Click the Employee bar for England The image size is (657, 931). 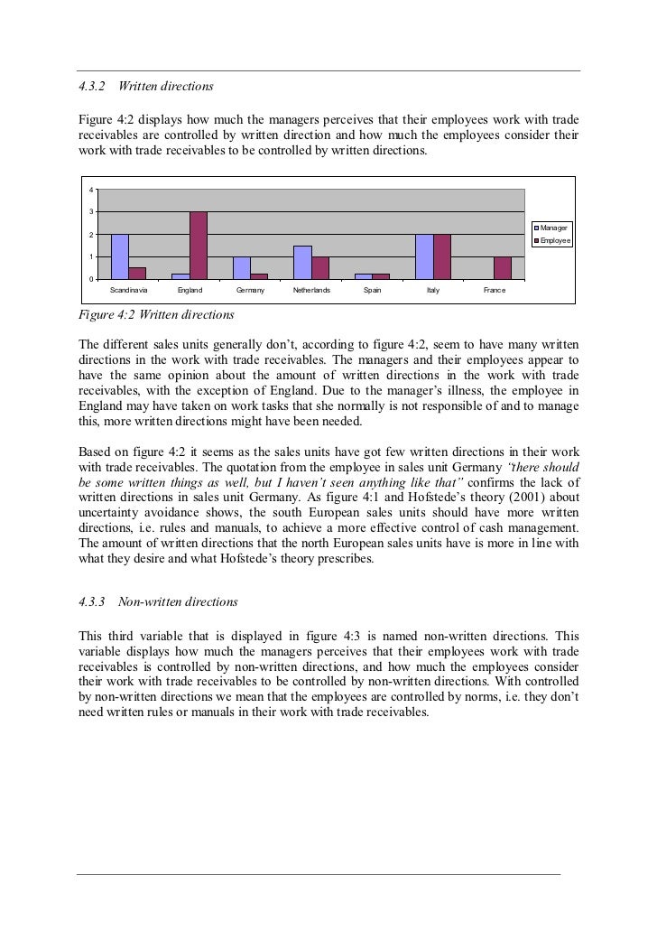pyautogui.click(x=199, y=246)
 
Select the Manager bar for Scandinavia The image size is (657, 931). pyautogui.click(x=119, y=256)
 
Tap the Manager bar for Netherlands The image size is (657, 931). pyautogui.click(x=302, y=262)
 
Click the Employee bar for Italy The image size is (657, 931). pyautogui.click(x=442, y=256)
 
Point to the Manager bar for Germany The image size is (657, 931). pyautogui.click(x=241, y=268)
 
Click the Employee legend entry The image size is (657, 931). pyautogui.click(x=553, y=241)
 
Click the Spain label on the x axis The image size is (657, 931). pyautogui.click(x=372, y=291)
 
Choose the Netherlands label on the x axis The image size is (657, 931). pyautogui.click(x=311, y=291)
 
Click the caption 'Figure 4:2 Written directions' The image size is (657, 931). pyautogui.click(x=156, y=315)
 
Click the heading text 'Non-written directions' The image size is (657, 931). pyautogui.click(x=185, y=600)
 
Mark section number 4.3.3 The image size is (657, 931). pyautogui.click(x=92, y=600)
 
